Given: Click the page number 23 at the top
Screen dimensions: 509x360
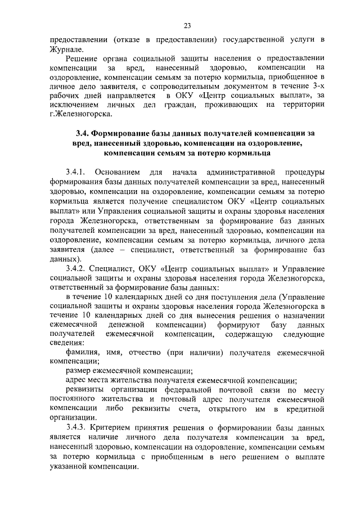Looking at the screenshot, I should point(187,24).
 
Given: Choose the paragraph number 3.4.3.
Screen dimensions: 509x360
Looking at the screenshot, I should point(76,427).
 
